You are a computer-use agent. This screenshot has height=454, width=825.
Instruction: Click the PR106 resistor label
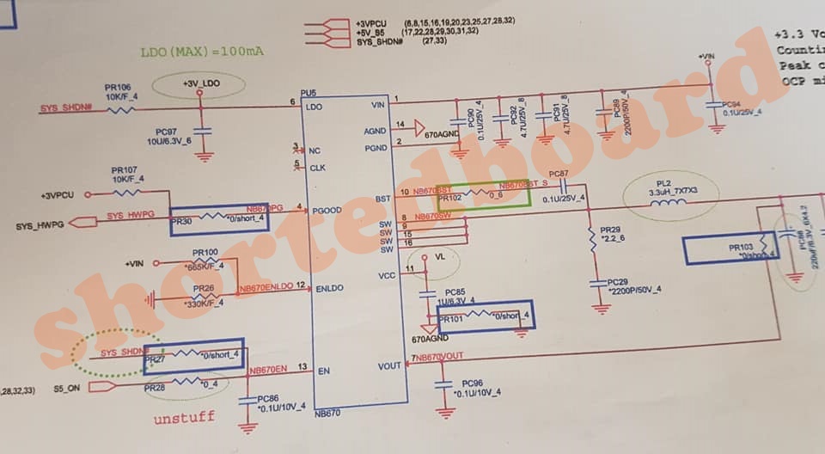pyautogui.click(x=118, y=88)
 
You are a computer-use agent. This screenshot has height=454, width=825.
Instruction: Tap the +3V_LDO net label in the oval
pyautogui.click(x=201, y=83)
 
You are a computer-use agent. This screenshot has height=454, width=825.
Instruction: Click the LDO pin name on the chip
pyautogui.click(x=314, y=107)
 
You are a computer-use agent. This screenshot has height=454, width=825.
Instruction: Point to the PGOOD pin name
pyautogui.click(x=327, y=209)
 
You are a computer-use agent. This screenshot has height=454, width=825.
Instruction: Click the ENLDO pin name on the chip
pyautogui.click(x=329, y=286)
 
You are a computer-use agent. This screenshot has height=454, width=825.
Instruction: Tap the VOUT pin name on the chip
pyautogui.click(x=389, y=365)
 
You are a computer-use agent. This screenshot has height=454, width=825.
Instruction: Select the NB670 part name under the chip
pyautogui.click(x=327, y=413)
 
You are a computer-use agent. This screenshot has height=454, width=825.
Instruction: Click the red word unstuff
pyautogui.click(x=183, y=419)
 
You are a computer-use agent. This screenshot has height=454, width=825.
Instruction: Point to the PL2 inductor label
pyautogui.click(x=663, y=183)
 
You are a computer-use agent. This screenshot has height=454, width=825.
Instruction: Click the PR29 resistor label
pyautogui.click(x=610, y=231)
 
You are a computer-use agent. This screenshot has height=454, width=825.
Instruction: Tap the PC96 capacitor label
pyautogui.click(x=472, y=383)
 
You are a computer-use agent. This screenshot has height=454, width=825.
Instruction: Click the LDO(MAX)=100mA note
pyautogui.click(x=202, y=52)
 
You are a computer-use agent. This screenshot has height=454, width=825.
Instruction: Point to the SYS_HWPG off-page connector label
pyautogui.click(x=40, y=225)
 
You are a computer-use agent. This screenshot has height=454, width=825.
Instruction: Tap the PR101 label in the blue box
pyautogui.click(x=451, y=320)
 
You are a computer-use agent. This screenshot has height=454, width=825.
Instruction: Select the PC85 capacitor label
pyautogui.click(x=455, y=292)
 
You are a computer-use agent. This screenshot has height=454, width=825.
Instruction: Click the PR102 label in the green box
pyautogui.click(x=450, y=198)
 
